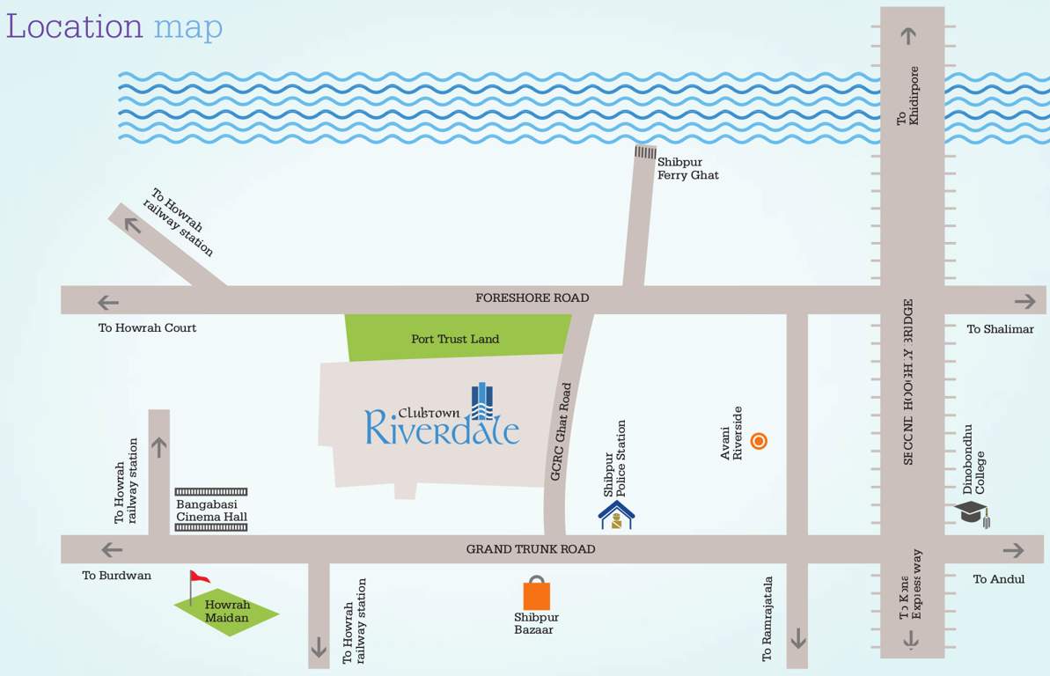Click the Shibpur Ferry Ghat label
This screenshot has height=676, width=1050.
(687, 168)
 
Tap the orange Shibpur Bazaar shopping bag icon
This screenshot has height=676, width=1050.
(536, 594)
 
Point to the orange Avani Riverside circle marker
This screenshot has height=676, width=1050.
(759, 441)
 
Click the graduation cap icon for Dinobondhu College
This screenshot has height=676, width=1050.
(972, 511)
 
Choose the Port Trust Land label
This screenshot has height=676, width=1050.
(455, 339)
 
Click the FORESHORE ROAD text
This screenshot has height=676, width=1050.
(532, 298)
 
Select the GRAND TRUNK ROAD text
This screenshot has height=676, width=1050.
(530, 549)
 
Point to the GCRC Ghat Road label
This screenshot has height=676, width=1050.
(562, 431)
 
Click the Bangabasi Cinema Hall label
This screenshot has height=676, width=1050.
(211, 511)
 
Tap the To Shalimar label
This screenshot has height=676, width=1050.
(1000, 329)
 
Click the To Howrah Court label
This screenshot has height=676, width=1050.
(147, 328)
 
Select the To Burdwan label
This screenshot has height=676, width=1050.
(117, 576)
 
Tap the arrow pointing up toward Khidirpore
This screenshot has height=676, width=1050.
(908, 36)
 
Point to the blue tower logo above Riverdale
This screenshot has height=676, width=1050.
(481, 400)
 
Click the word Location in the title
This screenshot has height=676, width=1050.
(74, 26)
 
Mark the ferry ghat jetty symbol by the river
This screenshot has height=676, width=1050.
(645, 152)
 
